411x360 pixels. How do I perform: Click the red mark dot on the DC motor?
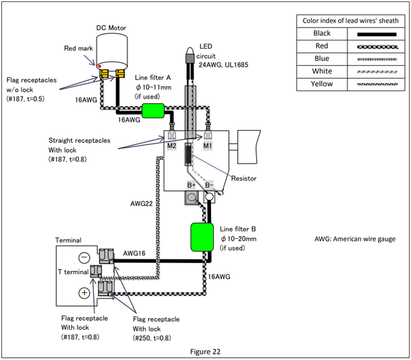pos(99,66)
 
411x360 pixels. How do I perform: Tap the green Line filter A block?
pos(153,110)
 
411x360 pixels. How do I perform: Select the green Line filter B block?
pos(202,237)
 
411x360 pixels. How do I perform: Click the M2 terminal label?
pos(172,146)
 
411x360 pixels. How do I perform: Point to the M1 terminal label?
pos(208,146)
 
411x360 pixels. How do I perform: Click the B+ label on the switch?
pos(191,185)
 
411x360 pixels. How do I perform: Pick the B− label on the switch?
pos(209,185)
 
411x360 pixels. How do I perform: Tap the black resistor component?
pos(188,154)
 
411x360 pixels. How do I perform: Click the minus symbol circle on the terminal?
pos(84,257)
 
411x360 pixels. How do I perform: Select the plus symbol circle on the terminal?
pos(84,292)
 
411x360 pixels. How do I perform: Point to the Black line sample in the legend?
pos(377,34)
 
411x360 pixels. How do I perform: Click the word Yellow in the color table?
pos(322,83)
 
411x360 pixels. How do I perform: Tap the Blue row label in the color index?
pos(322,58)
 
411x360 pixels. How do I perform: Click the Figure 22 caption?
pos(206,352)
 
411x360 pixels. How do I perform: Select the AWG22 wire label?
pos(142,203)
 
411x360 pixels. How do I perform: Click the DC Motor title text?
pos(111,28)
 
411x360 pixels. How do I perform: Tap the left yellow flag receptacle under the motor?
pos(104,74)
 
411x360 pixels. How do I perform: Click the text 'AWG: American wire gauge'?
pos(355,239)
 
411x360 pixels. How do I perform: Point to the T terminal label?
pos(73,272)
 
